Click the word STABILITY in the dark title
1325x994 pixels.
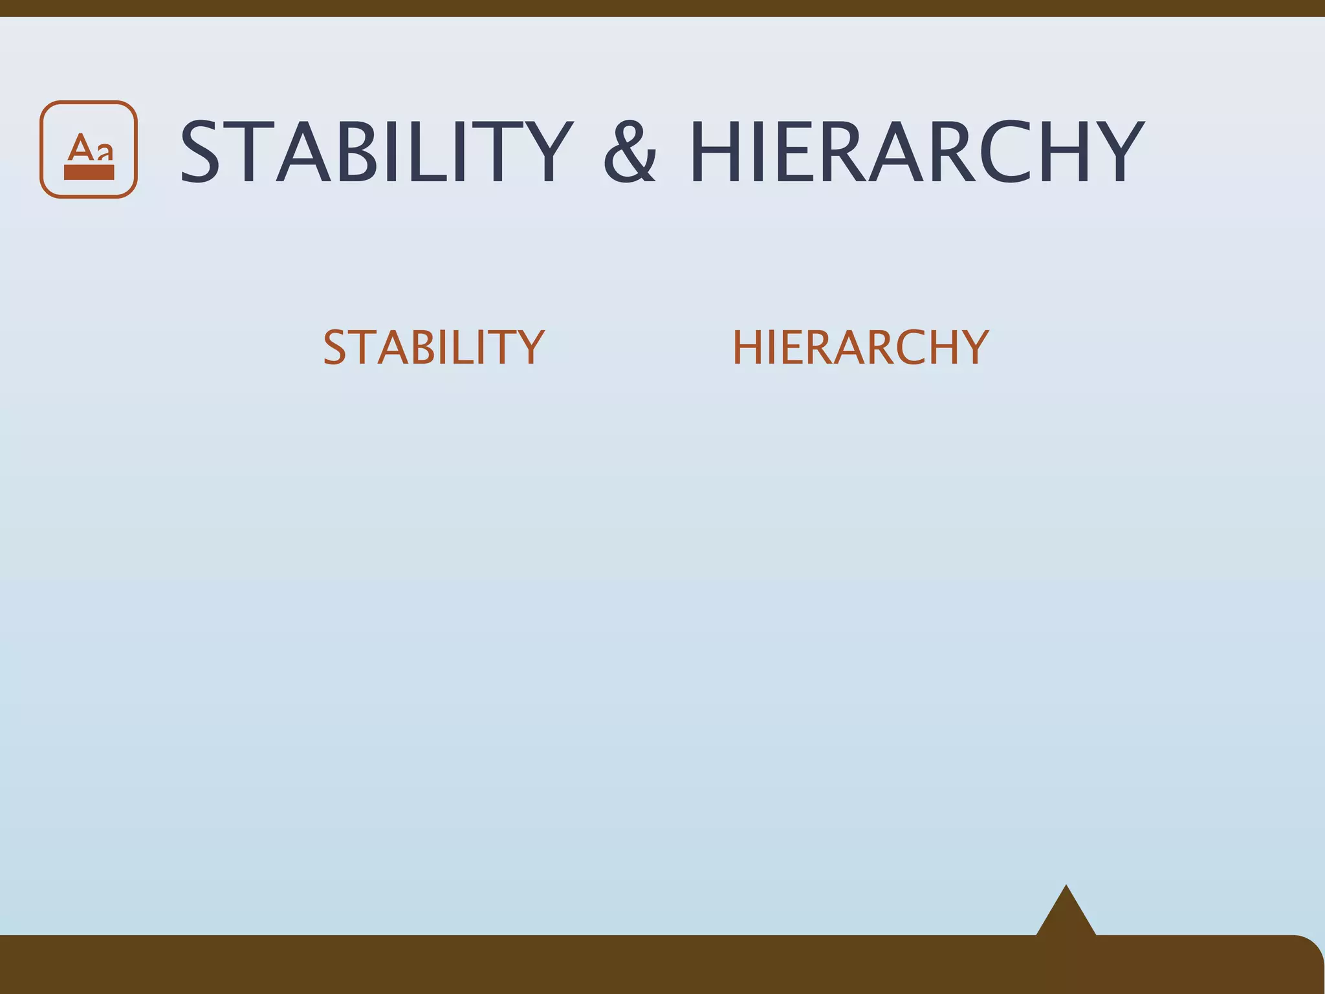376,153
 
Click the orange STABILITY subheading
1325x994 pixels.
433,348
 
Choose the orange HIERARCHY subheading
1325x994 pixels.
860,348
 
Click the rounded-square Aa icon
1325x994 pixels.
89,149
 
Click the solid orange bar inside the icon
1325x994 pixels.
89,172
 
